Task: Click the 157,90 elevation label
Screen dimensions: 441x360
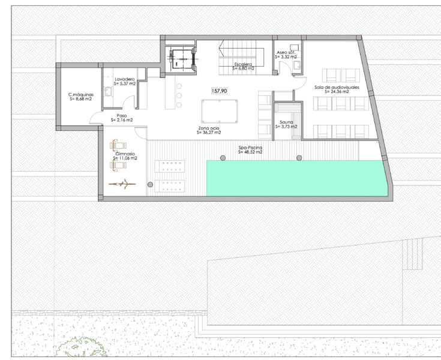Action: point(220,91)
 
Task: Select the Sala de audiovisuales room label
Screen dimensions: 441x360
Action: point(337,87)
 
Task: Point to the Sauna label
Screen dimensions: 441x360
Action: point(286,122)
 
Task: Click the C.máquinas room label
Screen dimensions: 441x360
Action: point(81,95)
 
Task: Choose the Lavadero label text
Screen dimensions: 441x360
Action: point(125,79)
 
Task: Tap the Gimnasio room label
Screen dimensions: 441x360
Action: point(125,154)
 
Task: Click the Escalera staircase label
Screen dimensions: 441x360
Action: point(243,64)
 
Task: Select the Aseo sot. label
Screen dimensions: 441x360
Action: point(286,53)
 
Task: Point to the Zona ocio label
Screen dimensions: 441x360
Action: point(209,128)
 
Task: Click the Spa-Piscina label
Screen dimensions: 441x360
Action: point(250,148)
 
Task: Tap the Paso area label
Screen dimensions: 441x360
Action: point(122,116)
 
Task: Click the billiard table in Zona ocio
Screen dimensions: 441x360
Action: point(220,111)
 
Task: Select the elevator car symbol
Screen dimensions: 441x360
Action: point(182,59)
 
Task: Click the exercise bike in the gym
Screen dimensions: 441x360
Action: point(122,184)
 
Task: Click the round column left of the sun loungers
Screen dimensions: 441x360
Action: point(150,185)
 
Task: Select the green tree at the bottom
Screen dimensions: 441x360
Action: point(81,348)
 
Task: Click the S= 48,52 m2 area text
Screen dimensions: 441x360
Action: point(250,152)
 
